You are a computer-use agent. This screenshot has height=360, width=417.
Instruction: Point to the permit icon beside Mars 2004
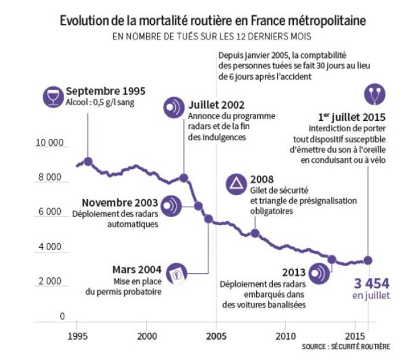coord(177,274)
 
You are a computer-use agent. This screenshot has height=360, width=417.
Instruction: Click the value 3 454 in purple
coord(371,284)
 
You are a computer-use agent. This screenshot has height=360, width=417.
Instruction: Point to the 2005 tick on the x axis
coord(216,336)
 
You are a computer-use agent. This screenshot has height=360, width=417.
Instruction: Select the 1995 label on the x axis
coord(77,336)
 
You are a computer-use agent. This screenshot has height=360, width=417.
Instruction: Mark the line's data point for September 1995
coord(88,161)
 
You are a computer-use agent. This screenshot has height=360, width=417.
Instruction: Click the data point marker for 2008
coord(254,233)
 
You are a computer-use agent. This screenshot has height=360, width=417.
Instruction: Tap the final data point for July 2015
coord(368,260)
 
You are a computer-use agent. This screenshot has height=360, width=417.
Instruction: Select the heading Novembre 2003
coord(119,203)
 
